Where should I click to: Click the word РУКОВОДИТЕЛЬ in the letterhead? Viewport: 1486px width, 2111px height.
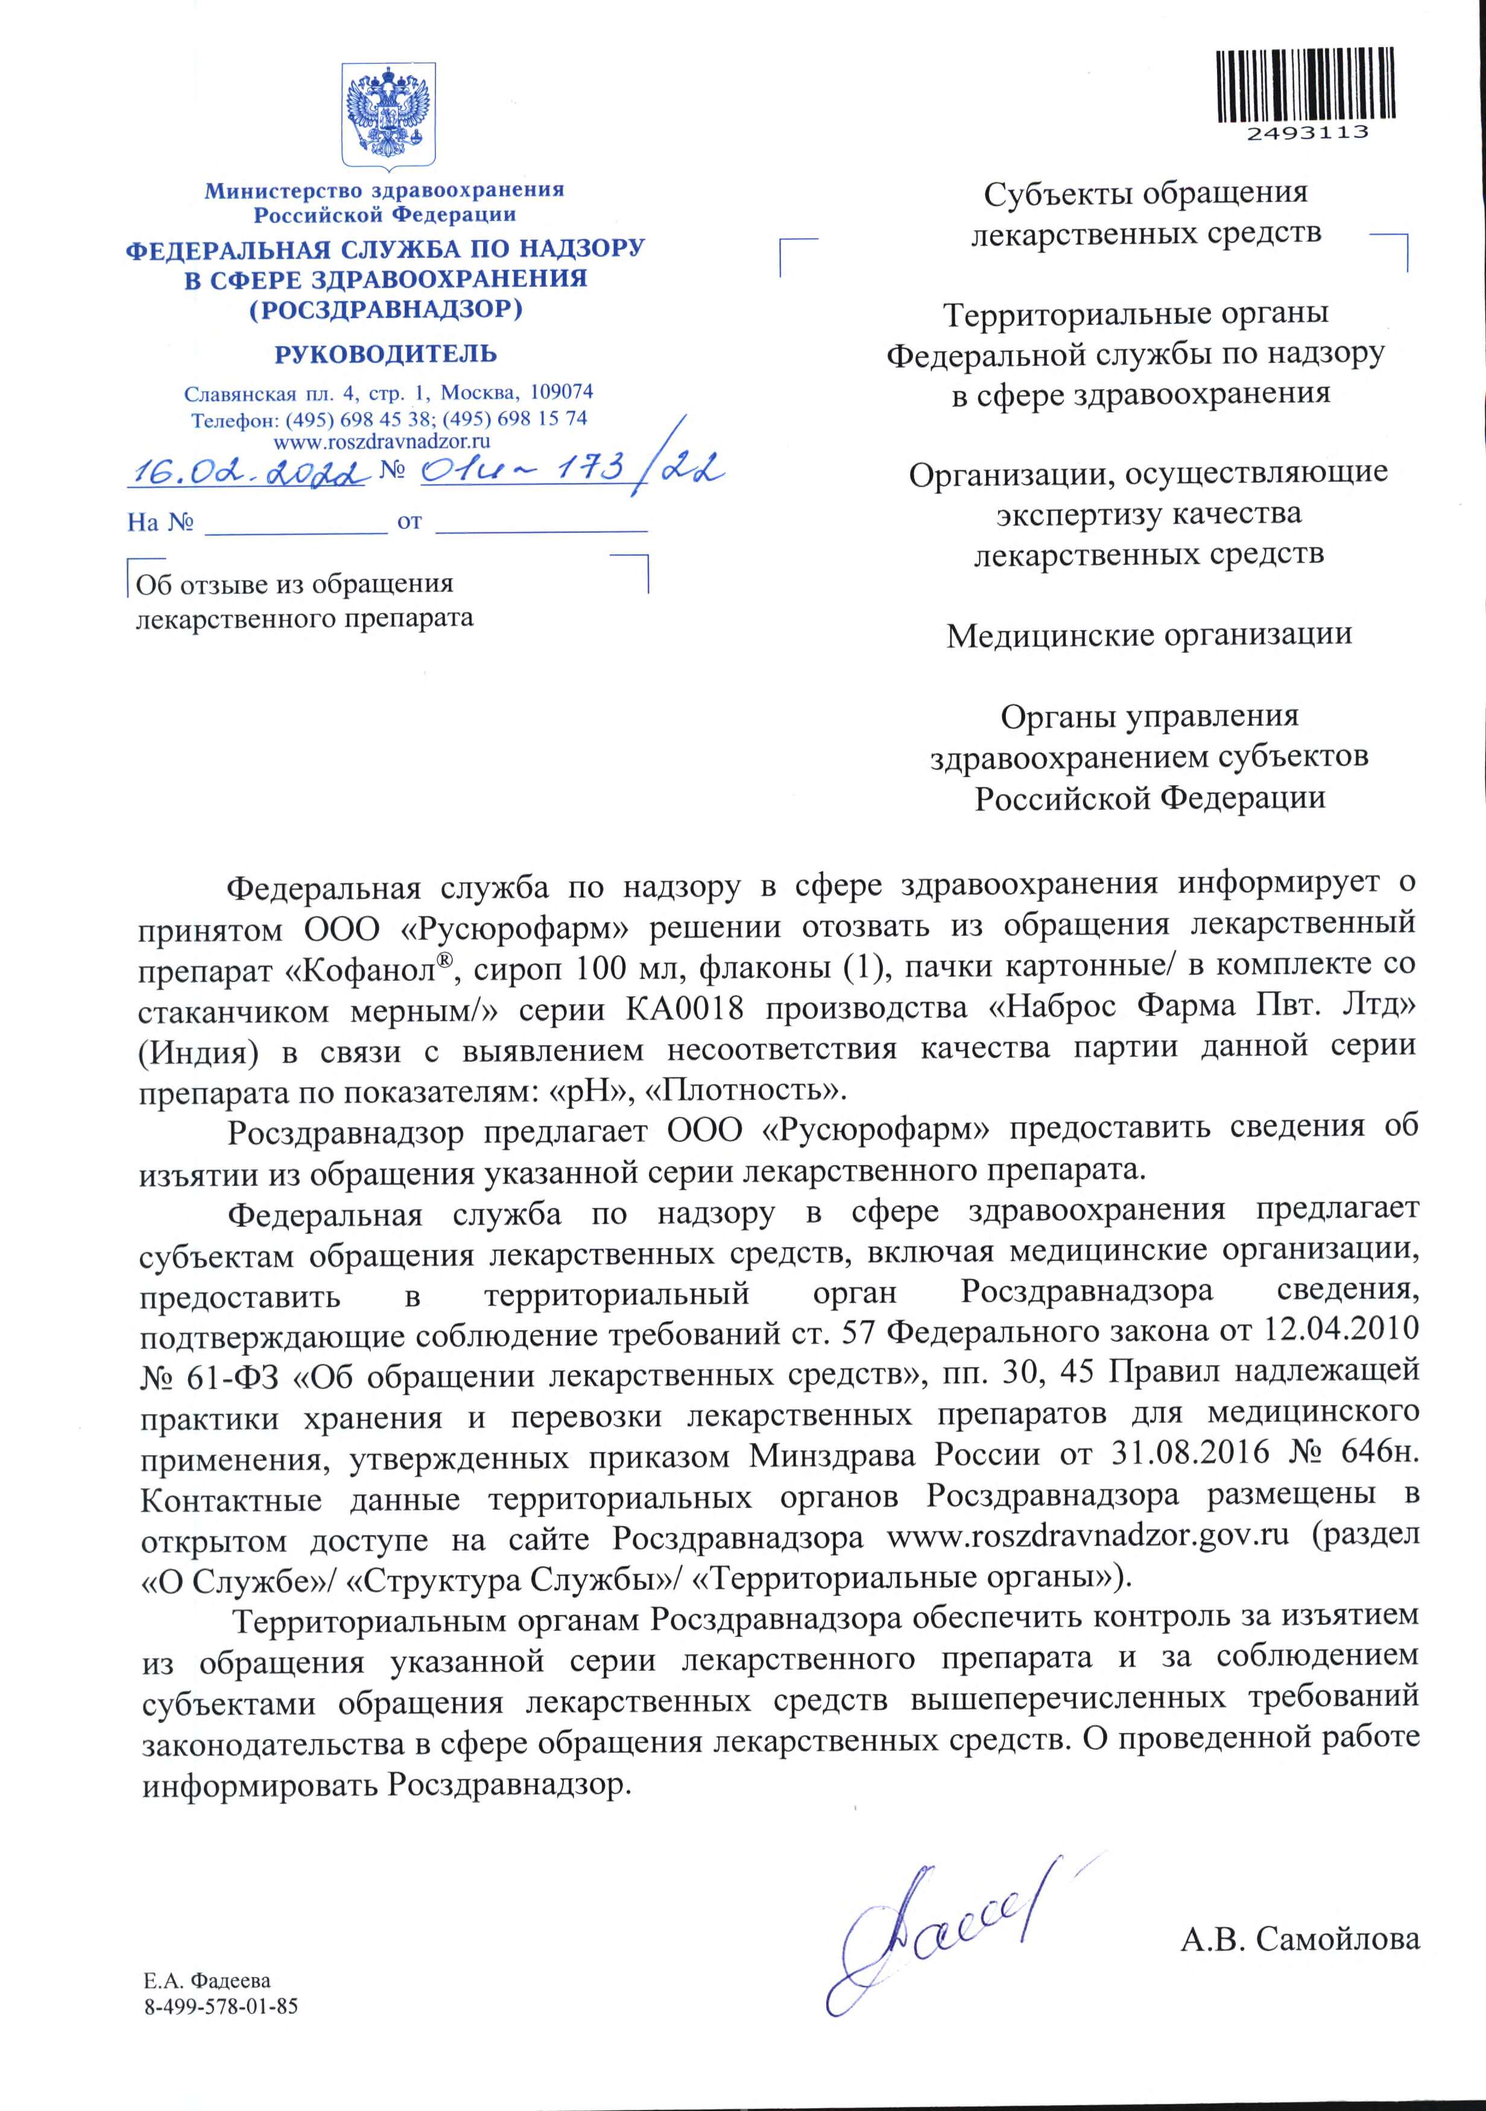click(x=385, y=354)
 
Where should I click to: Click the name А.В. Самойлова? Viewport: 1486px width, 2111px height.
click(x=1299, y=1941)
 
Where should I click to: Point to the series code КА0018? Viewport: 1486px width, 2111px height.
click(x=685, y=1009)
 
